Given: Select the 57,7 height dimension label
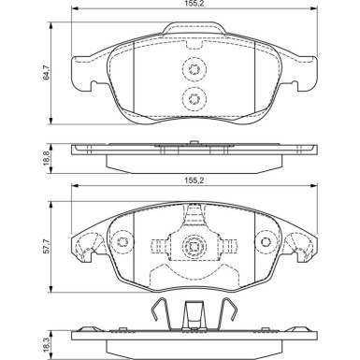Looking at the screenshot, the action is click(47, 246).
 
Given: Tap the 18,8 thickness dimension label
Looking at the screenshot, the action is click(47, 159).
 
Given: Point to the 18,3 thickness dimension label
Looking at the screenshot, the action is click(47, 343).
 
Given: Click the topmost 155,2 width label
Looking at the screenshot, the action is click(194, 4).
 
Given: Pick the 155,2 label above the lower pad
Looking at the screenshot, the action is click(194, 180).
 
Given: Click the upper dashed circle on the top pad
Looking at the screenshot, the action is click(194, 69).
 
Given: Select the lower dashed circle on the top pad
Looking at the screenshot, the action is click(194, 99).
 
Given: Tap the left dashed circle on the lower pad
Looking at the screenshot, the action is click(121, 242).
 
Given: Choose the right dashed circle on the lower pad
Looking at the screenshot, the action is click(266, 242).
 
